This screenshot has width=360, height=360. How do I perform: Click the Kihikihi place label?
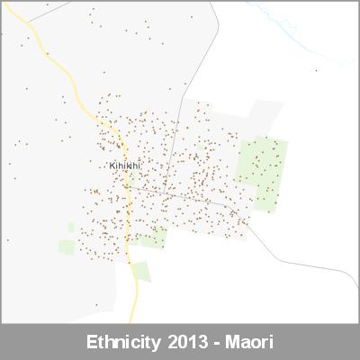click(125, 166)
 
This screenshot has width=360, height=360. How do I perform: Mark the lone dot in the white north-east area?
click(316, 69)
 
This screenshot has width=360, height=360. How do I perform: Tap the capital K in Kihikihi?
click(112, 166)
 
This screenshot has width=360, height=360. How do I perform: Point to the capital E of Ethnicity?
click(92, 343)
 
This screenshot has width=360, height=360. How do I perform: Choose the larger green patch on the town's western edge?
click(67, 246)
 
